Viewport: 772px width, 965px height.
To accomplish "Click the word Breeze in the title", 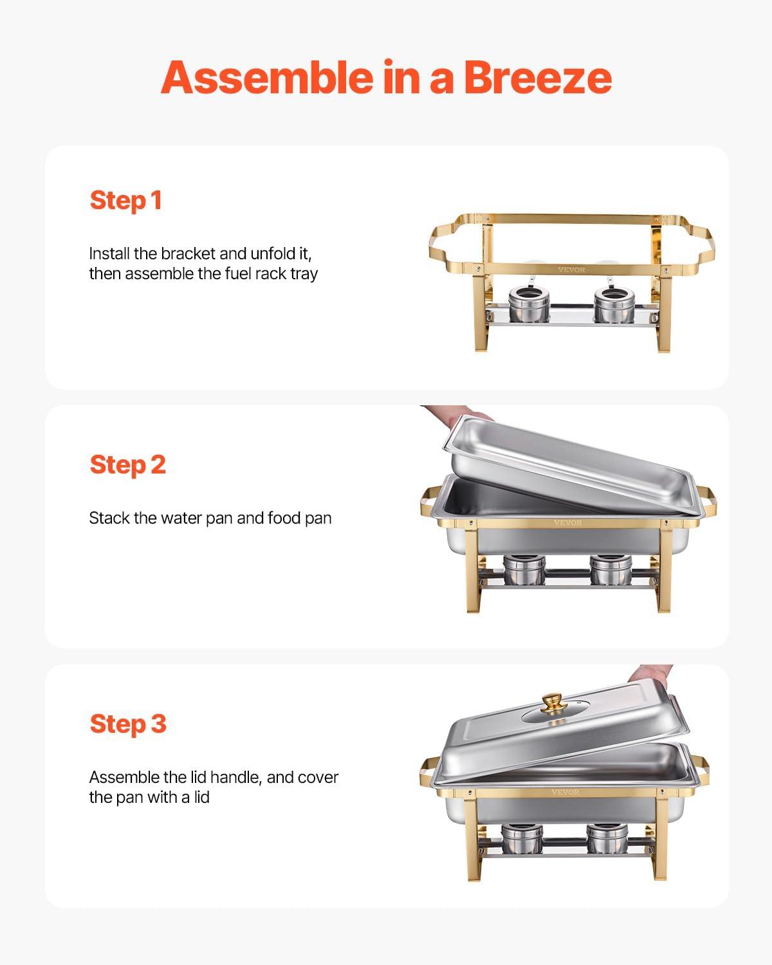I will (x=537, y=77).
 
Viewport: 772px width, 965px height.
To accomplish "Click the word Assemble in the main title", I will (x=266, y=77).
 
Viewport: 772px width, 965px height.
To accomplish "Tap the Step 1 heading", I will (x=125, y=200).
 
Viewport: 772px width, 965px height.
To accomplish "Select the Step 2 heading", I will (x=127, y=464).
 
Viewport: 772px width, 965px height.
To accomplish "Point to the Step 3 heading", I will (x=127, y=724).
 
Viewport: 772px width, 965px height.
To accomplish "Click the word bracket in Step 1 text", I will (x=188, y=253).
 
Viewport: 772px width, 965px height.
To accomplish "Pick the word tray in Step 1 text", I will (x=304, y=274).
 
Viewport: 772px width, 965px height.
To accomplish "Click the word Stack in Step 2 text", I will (x=109, y=518).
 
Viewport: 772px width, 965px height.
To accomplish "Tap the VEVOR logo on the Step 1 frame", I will (x=571, y=270).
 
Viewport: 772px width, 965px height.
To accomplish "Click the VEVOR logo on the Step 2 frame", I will (x=567, y=523).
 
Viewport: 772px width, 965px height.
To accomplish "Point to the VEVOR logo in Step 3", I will (x=565, y=792).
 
